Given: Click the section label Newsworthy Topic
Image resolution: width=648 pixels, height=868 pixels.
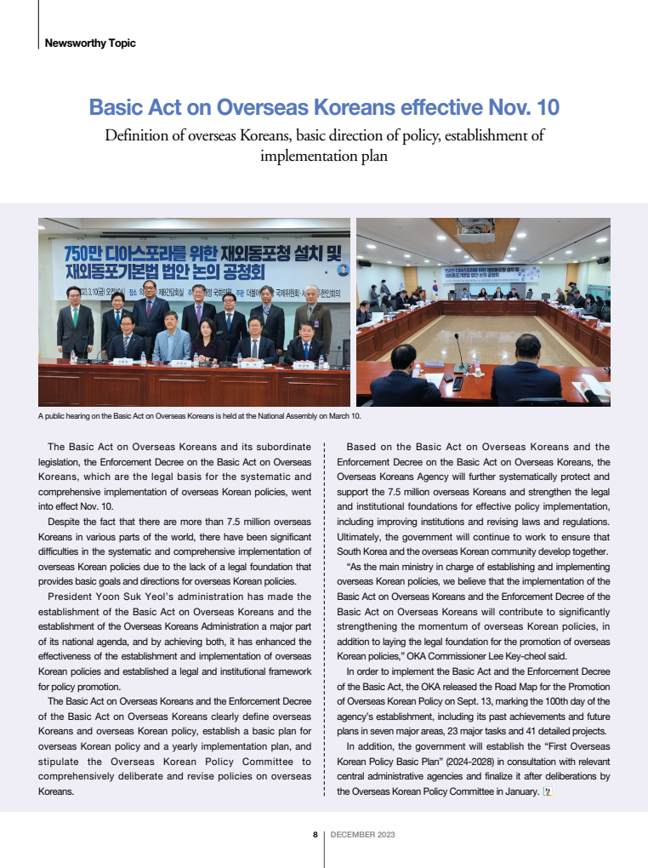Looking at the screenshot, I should pos(89,43).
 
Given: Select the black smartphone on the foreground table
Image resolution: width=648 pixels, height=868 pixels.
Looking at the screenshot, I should pos(458,383).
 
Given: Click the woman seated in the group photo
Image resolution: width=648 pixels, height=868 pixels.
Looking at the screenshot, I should pos(208,340).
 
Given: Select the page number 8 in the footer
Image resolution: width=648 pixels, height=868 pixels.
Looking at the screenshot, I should pos(315,835).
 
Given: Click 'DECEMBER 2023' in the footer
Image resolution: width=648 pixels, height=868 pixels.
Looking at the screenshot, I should pos(362,835).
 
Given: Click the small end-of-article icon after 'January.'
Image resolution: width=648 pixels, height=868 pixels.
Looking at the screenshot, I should pos(549,791).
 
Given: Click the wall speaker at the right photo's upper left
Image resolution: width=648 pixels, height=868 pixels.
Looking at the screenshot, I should pos(364,262).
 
